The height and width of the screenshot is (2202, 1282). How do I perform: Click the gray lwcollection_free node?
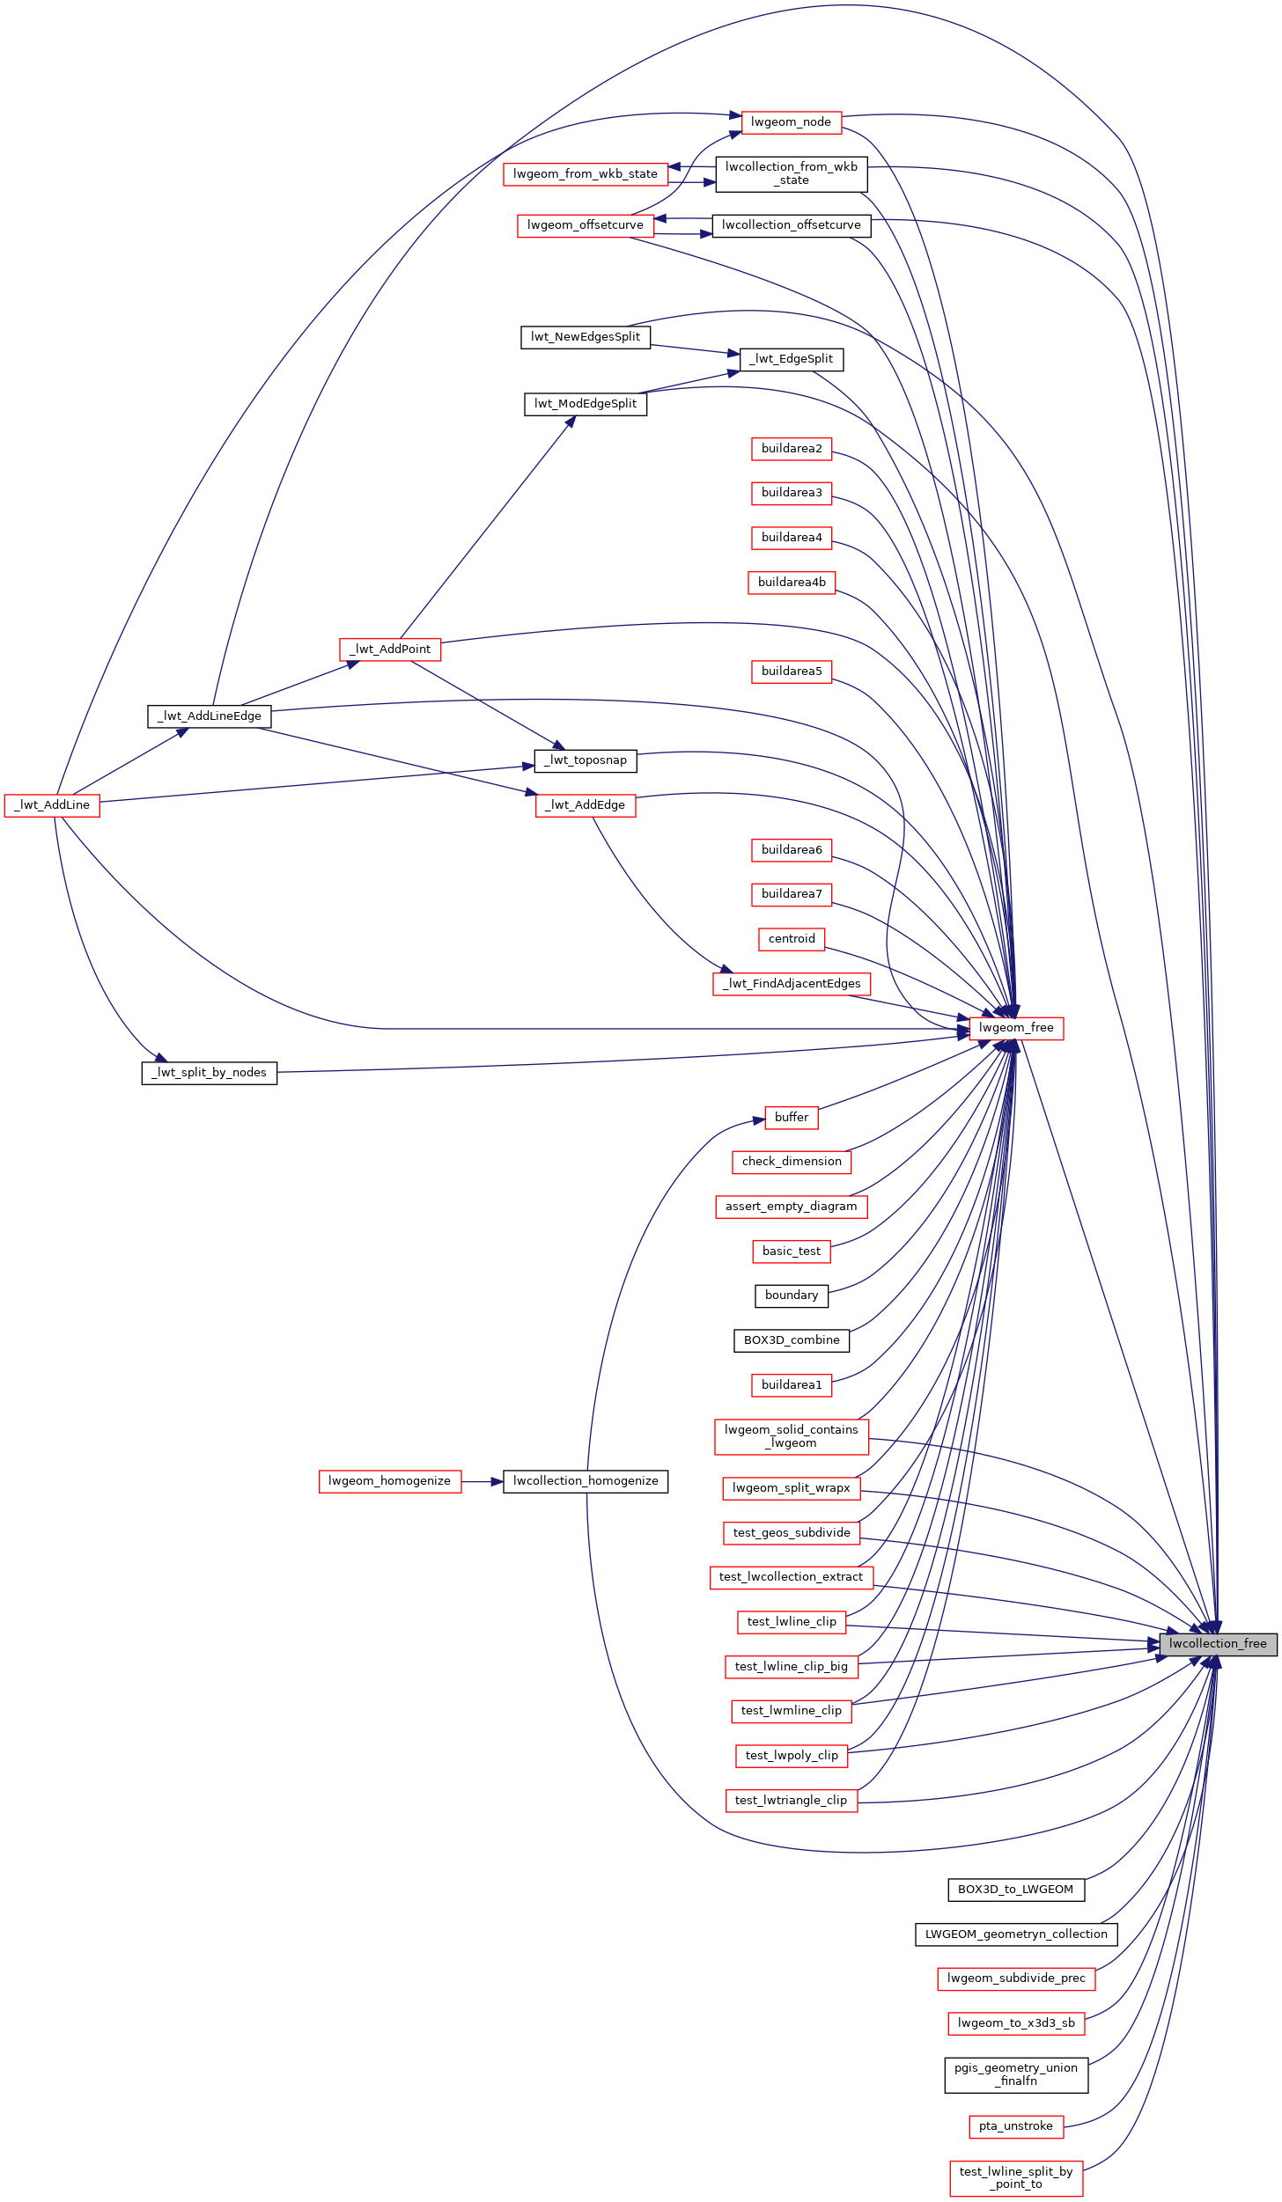[1218, 1643]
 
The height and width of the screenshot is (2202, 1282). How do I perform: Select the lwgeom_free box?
[1016, 1027]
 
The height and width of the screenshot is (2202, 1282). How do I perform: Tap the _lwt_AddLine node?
[52, 804]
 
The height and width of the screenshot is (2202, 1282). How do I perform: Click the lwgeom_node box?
[792, 122]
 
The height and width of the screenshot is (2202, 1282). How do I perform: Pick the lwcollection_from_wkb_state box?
[792, 173]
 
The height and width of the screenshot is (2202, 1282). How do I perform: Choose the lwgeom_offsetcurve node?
[586, 225]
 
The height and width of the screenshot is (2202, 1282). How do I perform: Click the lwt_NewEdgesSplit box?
[586, 337]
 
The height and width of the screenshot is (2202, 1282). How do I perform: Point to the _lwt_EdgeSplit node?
[792, 359]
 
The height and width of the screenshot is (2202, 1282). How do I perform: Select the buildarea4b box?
[792, 582]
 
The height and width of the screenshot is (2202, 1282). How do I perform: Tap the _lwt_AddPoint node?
[390, 649]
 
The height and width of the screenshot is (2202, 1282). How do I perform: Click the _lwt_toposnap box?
[586, 760]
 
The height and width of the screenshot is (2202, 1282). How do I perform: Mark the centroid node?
[792, 938]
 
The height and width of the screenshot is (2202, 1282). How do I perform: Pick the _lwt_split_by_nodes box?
[210, 1072]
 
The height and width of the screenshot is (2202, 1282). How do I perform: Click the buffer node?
[792, 1117]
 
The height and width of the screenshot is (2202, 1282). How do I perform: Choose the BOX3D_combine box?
[792, 1340]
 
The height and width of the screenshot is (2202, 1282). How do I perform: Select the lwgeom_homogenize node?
[390, 1480]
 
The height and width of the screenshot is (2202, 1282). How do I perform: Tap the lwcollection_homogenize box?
[586, 1480]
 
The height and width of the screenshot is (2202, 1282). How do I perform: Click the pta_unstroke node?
[1016, 2125]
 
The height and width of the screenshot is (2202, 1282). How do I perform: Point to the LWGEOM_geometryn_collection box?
[1016, 1934]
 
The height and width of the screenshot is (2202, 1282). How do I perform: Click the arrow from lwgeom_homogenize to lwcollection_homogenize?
[482, 1481]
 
